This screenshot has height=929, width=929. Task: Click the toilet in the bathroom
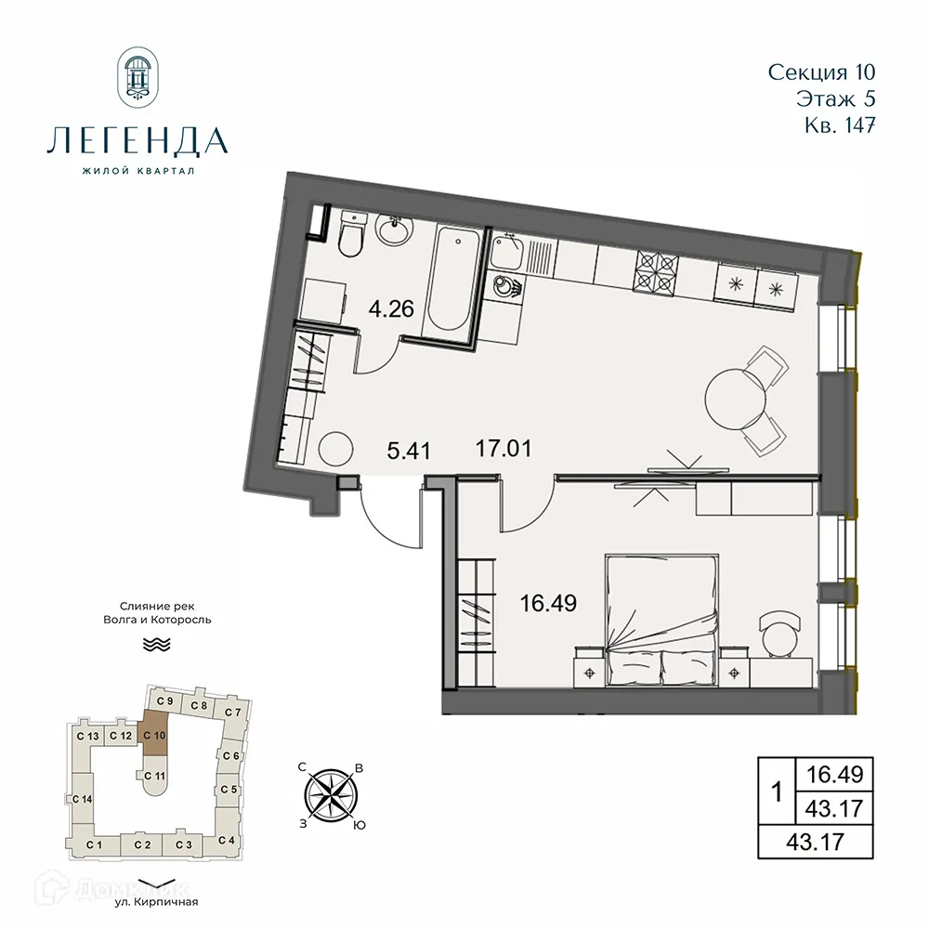[x=351, y=236]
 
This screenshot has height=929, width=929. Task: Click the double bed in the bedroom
[x=661, y=615]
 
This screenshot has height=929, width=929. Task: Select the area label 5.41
[x=408, y=452]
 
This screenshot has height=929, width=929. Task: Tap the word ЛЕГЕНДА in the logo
[x=136, y=140]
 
